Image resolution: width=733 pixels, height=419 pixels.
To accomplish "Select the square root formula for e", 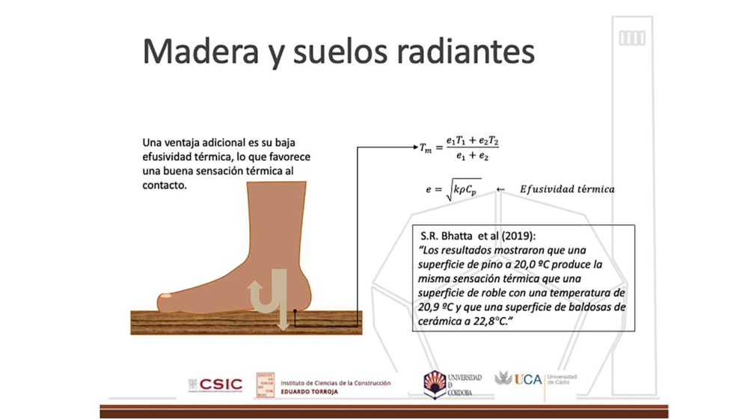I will [453, 191].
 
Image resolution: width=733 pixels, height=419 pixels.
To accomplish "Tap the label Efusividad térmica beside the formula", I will [567, 189].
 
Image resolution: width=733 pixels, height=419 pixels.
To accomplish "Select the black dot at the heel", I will [295, 309].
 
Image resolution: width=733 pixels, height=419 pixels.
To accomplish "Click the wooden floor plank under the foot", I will [224, 322].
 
